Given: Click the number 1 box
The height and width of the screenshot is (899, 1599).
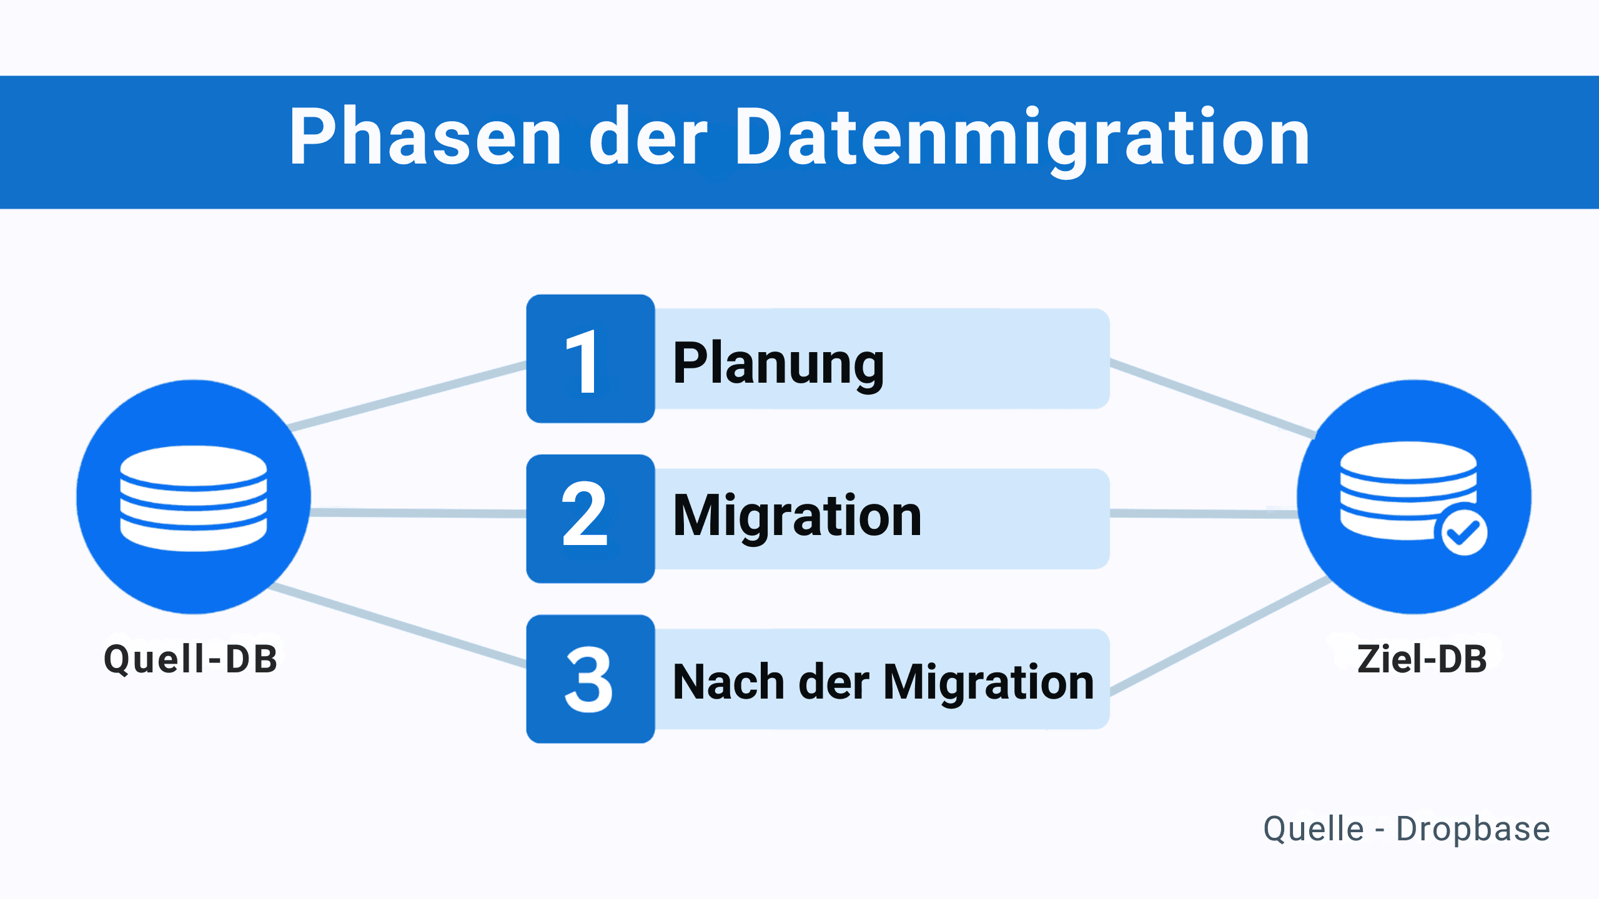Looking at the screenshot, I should (590, 360).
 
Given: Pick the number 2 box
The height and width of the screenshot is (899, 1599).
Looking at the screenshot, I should (590, 518).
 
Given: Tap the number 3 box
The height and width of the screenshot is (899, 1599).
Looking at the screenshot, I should (590, 679).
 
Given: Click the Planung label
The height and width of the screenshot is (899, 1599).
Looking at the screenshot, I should (778, 363).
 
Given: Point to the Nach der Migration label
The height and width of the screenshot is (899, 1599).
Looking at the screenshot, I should (883, 682).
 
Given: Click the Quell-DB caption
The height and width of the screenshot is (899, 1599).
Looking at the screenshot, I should (191, 659).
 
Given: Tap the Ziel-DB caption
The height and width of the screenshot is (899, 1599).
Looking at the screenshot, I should (1422, 659).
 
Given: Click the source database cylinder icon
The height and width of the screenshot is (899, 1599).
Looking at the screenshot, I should (194, 498).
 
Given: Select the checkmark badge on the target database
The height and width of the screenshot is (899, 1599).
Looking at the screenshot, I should (1464, 533).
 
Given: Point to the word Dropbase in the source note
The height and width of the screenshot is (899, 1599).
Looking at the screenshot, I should (1473, 829).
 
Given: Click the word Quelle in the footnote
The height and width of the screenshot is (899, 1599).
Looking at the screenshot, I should (1313, 829).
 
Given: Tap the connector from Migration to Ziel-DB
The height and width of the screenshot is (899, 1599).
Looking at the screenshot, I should (1202, 514).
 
